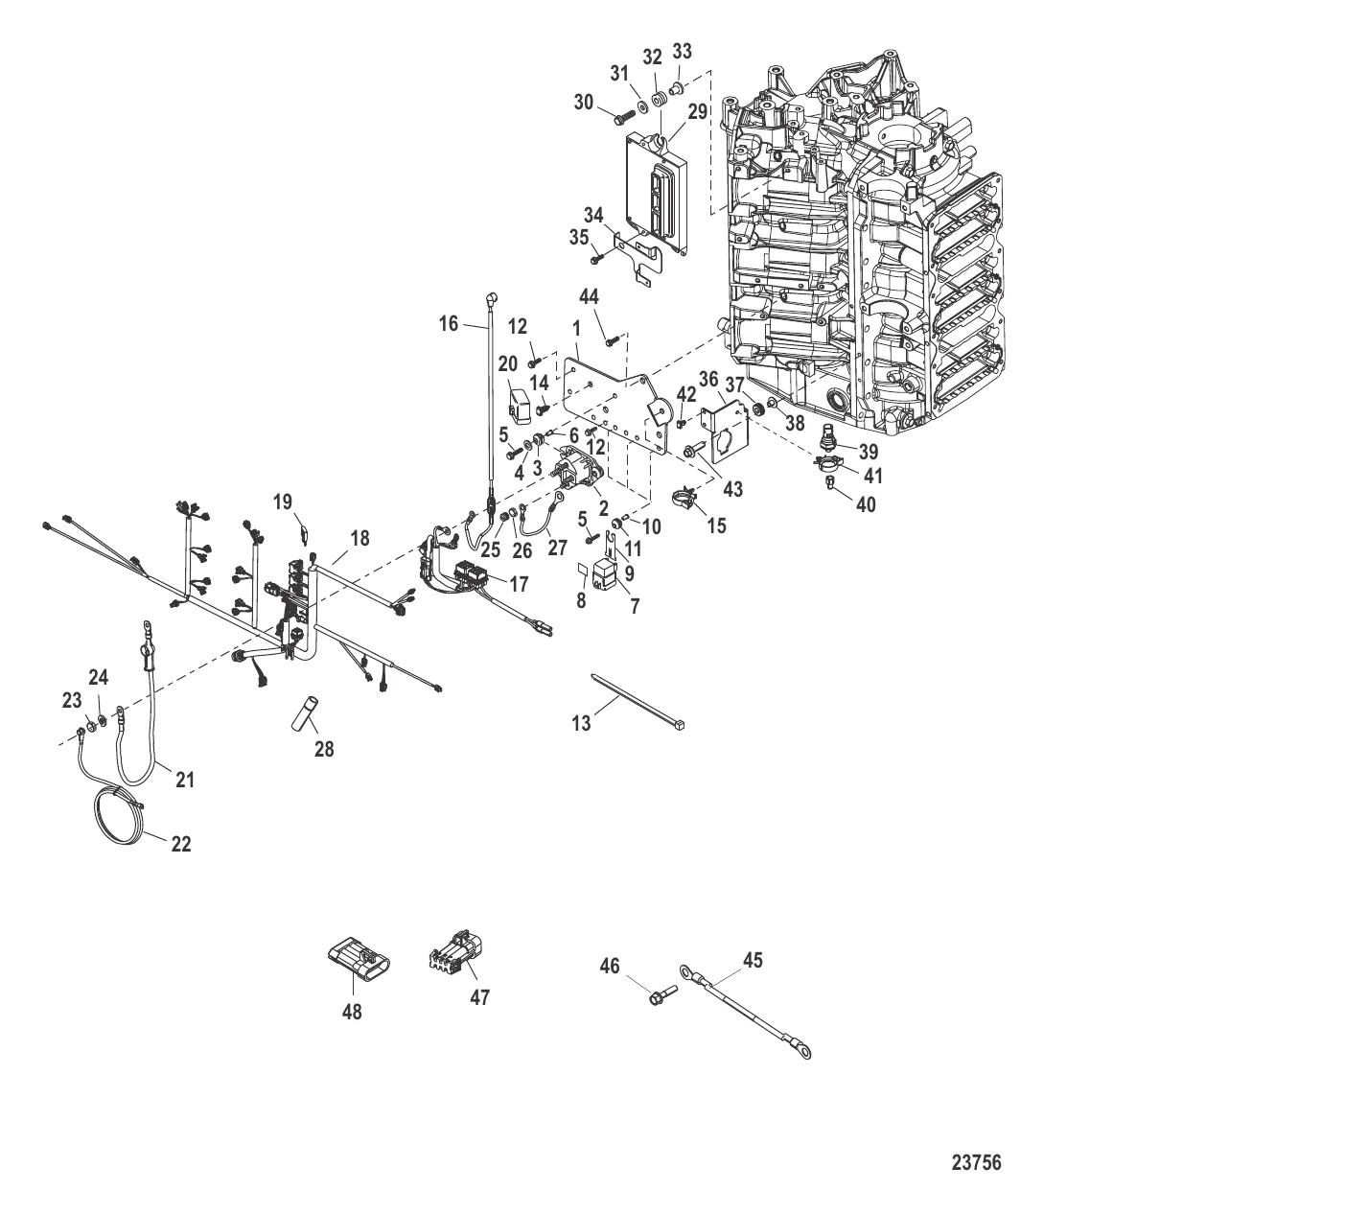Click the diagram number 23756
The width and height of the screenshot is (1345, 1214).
(x=976, y=1162)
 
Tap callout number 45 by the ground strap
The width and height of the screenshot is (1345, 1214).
(x=754, y=960)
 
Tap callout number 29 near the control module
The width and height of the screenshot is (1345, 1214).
(x=697, y=111)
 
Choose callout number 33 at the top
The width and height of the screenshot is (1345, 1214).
(x=682, y=51)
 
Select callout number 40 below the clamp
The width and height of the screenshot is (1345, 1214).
(x=865, y=503)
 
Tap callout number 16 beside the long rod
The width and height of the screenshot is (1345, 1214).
(x=449, y=324)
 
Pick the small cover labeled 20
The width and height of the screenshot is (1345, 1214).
(x=520, y=405)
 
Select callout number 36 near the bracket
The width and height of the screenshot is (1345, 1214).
(x=708, y=380)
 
